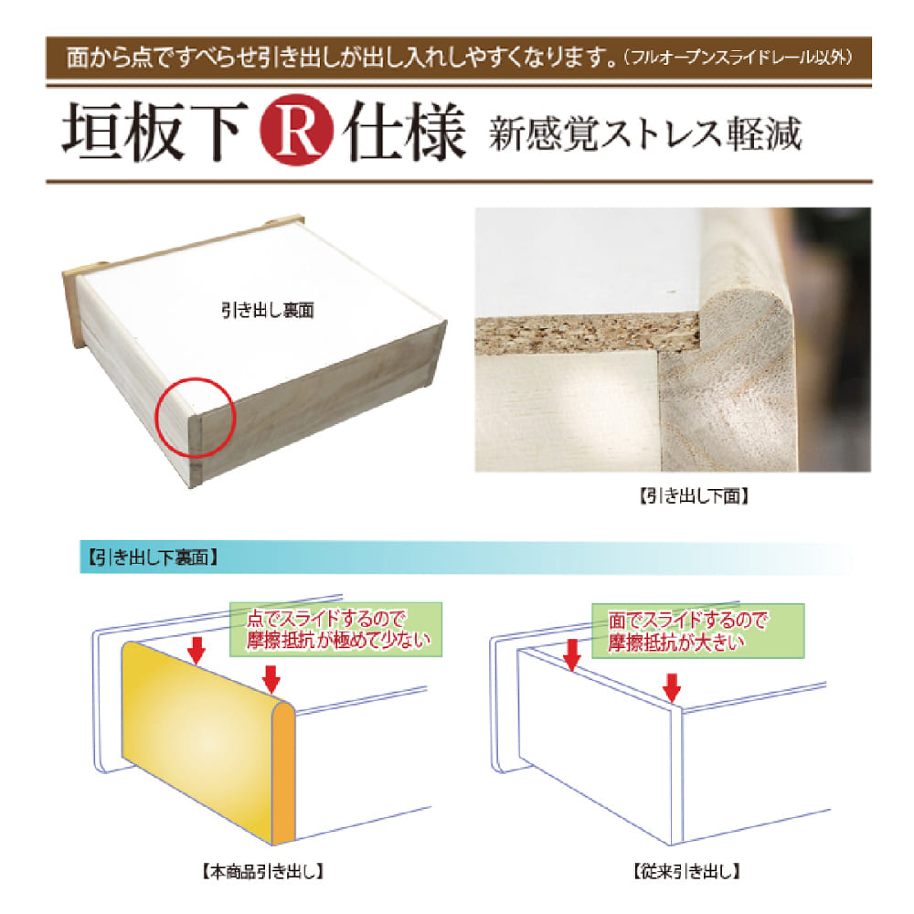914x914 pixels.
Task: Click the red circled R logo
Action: [297, 130]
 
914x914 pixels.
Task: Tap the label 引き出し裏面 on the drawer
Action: [268, 310]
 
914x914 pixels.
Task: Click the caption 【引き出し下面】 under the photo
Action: [695, 496]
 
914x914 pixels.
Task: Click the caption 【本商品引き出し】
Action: [263, 871]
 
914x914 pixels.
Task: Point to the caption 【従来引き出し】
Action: [687, 871]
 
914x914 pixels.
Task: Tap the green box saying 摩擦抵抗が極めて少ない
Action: [335, 630]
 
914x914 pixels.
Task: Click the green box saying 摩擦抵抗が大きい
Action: [698, 631]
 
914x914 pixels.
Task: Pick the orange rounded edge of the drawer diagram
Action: [284, 771]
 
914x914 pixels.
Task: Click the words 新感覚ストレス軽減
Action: [645, 133]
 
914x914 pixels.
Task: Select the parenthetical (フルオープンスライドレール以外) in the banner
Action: [739, 57]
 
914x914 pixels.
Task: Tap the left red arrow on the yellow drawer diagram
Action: [197, 651]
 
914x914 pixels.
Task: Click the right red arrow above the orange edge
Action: [271, 680]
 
